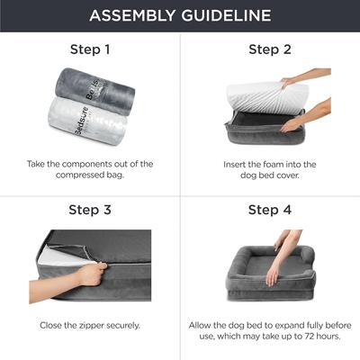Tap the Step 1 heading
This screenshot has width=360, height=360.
90,49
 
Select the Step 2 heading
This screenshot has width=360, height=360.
270,49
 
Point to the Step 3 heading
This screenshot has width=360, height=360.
90,210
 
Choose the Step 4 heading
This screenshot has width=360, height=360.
270,210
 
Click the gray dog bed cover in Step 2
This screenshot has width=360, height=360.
261,135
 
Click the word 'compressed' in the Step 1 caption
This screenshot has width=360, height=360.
74,176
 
